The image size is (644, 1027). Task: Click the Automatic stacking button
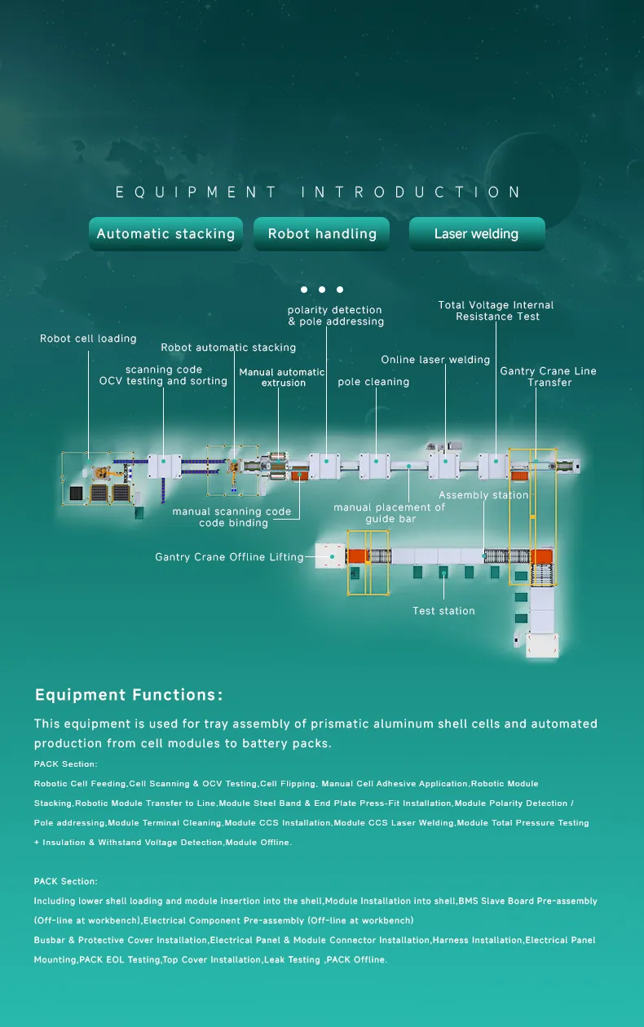tap(165, 234)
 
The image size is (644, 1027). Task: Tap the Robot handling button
tap(322, 234)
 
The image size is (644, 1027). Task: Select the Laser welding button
tap(476, 234)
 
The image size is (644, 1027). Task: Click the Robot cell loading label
tap(88, 339)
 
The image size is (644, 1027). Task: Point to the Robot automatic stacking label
tap(228, 347)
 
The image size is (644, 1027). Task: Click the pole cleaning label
tap(373, 382)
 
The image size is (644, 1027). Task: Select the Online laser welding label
tap(435, 360)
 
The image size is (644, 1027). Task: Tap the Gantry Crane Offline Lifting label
tap(229, 557)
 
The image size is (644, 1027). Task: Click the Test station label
tap(443, 611)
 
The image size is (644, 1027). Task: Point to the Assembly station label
tap(483, 495)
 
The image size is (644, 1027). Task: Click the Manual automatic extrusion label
tap(282, 378)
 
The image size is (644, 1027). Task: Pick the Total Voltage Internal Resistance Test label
tap(496, 311)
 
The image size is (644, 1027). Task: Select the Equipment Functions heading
tap(129, 695)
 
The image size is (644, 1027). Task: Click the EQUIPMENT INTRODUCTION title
tap(319, 193)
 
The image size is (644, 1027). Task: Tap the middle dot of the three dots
tap(322, 290)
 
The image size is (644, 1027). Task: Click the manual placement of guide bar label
tap(390, 513)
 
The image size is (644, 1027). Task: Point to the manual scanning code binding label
tap(232, 517)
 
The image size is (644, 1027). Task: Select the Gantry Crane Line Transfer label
tap(548, 377)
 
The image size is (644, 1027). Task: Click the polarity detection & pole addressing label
tap(335, 316)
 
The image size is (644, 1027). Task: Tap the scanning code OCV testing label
tap(163, 375)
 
